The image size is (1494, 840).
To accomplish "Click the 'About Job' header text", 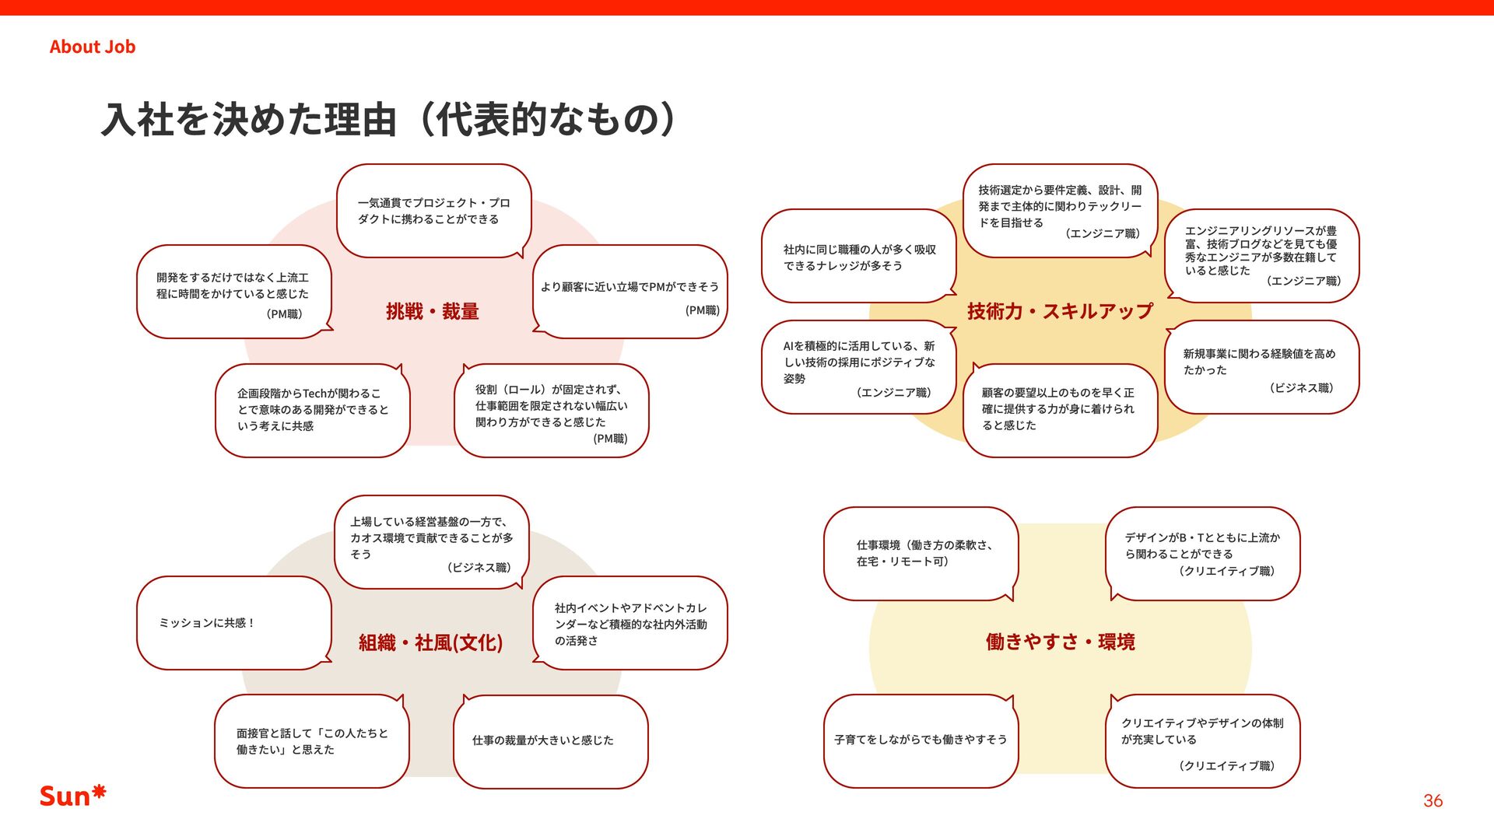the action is coord(92,47).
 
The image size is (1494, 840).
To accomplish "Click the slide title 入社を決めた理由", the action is coord(388,120).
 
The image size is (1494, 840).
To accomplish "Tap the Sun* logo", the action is coord(72,795).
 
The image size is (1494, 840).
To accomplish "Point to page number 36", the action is coord(1433,800).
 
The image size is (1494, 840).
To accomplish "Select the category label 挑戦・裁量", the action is coord(432,312).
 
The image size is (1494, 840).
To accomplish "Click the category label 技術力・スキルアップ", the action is coord(1060,311).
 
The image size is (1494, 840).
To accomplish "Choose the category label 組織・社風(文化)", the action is coord(430,642).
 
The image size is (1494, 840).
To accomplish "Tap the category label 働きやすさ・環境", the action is coord(1060,642).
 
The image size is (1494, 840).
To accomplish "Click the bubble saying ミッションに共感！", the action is coord(233,623).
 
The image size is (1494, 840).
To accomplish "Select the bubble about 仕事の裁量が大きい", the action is coord(550,740).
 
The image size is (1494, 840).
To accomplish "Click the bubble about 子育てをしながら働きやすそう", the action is coord(921,740).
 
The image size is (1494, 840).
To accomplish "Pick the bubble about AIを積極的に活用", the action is coord(858,367).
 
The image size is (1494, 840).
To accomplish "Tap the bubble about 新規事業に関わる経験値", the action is coord(1261,367).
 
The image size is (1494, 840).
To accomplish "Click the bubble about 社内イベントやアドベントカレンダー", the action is coord(630,623).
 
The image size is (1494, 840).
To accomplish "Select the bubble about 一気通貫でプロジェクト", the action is coord(433,211).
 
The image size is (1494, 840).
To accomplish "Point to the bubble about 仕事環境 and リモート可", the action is coord(921,553).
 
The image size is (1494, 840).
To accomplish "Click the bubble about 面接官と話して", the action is coord(311,740).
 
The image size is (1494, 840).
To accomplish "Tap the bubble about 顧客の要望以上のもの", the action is coord(1059,410).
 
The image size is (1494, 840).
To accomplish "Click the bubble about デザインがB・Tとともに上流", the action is coord(1202,553).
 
